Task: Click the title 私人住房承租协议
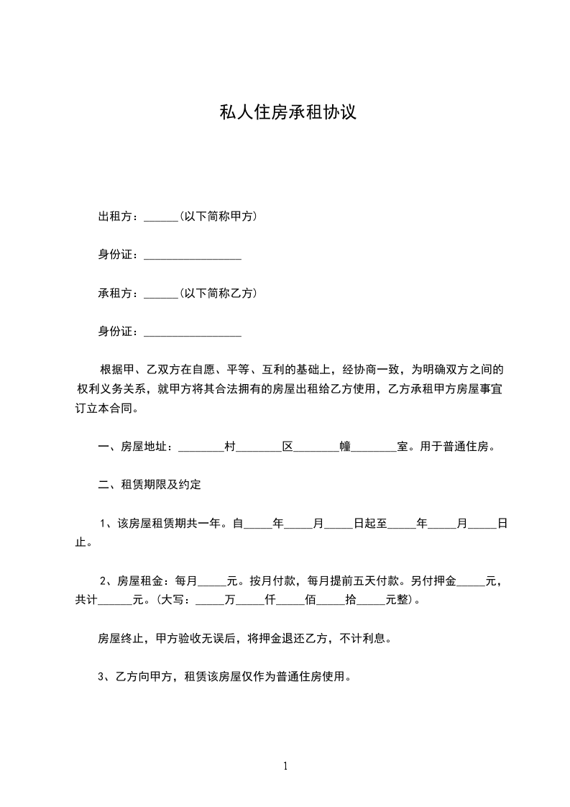[x=288, y=113]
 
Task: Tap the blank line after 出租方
[x=160, y=218]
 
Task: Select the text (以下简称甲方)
[x=219, y=216]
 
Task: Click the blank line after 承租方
[x=160, y=295]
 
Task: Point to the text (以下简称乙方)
[x=219, y=293]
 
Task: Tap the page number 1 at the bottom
[x=285, y=766]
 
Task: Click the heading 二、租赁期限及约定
[x=149, y=485]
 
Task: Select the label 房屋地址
[x=145, y=447]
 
